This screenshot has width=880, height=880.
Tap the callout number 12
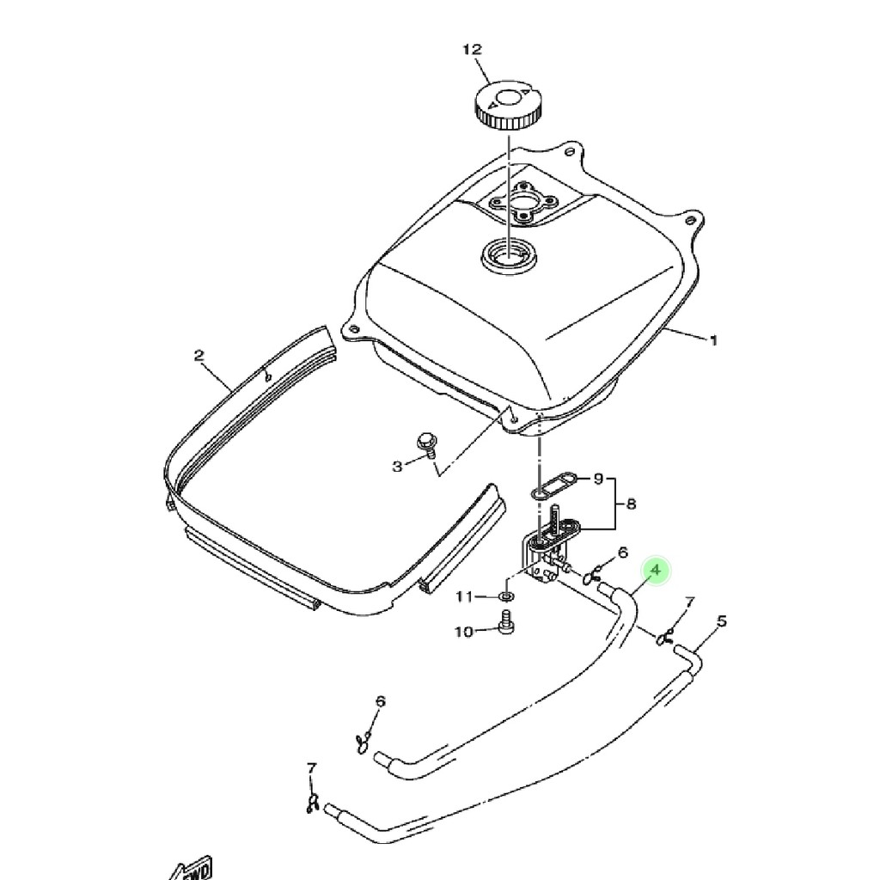click(x=472, y=49)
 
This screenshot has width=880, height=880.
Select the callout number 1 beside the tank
click(x=713, y=340)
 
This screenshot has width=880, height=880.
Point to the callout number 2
click(x=199, y=355)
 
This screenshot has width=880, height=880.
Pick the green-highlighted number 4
click(x=656, y=571)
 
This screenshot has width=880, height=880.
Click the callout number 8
click(x=631, y=504)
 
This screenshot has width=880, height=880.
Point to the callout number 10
click(x=463, y=632)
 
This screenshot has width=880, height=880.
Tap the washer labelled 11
click(x=505, y=596)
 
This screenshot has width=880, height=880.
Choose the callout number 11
click(x=464, y=596)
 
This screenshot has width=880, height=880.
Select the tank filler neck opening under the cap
click(x=510, y=256)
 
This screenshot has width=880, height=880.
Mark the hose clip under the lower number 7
click(x=312, y=804)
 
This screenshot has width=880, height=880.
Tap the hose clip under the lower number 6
click(x=362, y=742)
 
